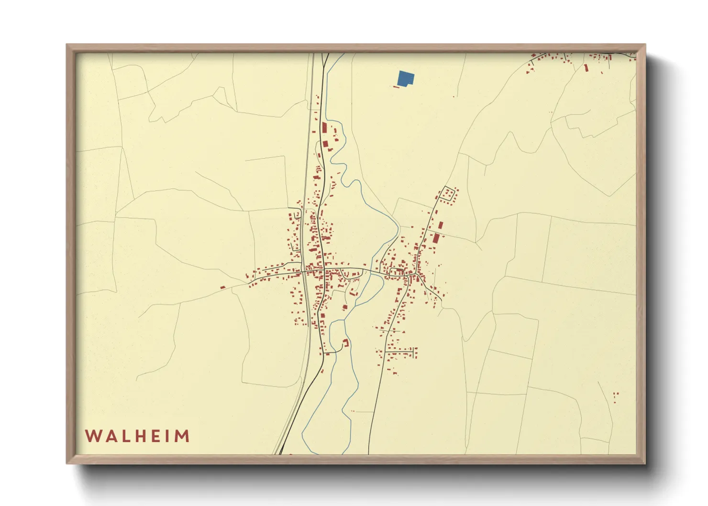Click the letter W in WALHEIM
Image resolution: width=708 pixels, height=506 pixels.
tap(92, 436)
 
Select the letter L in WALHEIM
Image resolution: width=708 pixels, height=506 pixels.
tap(122, 436)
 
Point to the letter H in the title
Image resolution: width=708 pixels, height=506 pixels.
tap(137, 436)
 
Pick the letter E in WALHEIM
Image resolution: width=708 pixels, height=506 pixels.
tap(153, 436)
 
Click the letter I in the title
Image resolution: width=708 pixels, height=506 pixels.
tap(165, 436)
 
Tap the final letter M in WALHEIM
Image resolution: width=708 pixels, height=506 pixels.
tap(181, 436)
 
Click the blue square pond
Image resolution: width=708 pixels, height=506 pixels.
tap(405, 78)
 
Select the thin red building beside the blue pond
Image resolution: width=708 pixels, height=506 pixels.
tap(396, 87)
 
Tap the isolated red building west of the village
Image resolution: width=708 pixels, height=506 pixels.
tap(222, 287)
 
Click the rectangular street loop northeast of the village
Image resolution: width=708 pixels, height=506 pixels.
tap(448, 194)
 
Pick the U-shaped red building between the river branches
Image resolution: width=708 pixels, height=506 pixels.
tap(345, 342)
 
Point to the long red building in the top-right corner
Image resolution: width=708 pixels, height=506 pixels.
tap(586, 68)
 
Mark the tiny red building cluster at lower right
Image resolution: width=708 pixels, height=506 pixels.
tap(616, 396)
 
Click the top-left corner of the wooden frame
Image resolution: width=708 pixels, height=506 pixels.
tap(67, 45)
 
